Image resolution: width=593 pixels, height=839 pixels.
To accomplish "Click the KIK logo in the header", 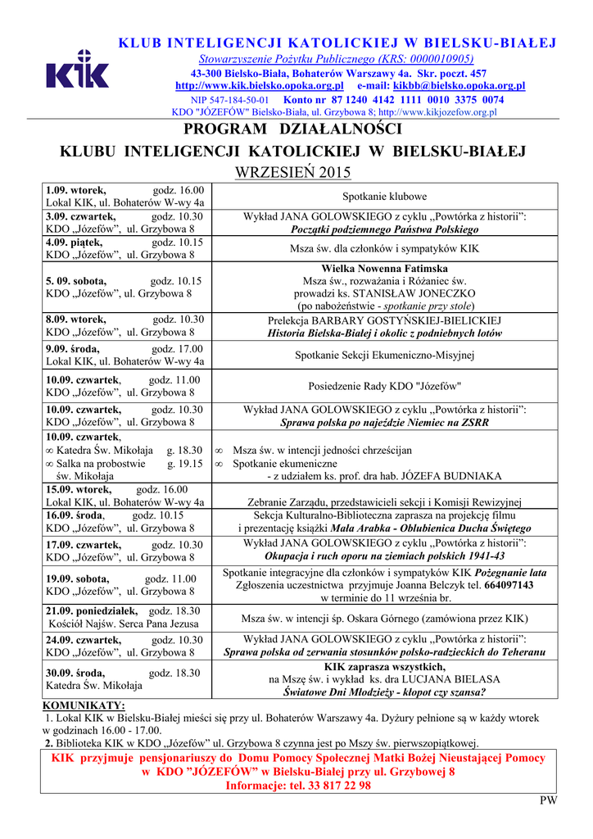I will [77, 70].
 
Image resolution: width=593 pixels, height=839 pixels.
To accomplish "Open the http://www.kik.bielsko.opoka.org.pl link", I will [259, 85].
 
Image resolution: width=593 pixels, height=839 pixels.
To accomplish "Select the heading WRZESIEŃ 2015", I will [292, 172].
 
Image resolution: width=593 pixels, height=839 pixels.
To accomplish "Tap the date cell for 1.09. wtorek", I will [125, 196].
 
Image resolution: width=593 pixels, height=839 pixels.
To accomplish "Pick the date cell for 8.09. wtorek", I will [125, 325].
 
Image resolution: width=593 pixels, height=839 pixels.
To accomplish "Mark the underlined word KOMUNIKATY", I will [84, 705].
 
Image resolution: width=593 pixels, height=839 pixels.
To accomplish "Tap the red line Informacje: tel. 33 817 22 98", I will [298, 785].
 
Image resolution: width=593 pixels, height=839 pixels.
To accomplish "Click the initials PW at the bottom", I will [548, 800].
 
